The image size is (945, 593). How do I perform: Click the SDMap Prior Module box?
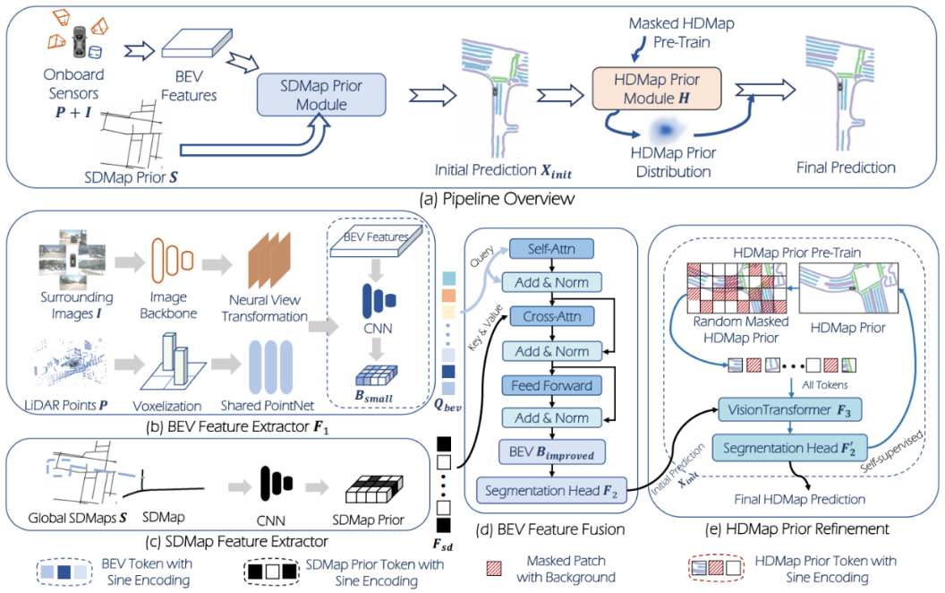pyautogui.click(x=321, y=95)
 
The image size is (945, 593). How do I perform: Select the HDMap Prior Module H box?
pyautogui.click(x=657, y=89)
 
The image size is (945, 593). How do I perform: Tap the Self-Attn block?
pyautogui.click(x=551, y=248)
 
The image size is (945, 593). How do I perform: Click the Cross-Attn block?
pyautogui.click(x=552, y=316)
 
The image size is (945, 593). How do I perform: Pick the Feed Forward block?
pyautogui.click(x=552, y=385)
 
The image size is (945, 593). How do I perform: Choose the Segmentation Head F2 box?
pyautogui.click(x=551, y=491)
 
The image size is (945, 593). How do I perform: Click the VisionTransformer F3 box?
pyautogui.click(x=789, y=410)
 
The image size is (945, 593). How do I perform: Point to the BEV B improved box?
pyautogui.click(x=552, y=452)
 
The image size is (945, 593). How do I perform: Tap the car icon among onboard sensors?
pyautogui.click(x=80, y=41)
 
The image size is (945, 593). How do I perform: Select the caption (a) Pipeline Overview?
pyautogui.click(x=497, y=199)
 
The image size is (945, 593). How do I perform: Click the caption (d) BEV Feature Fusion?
pyautogui.click(x=549, y=529)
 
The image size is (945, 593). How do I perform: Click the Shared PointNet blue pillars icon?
pyautogui.click(x=270, y=366)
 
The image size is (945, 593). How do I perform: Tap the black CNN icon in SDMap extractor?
pyautogui.click(x=277, y=483)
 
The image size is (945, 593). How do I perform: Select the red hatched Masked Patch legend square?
pyautogui.click(x=494, y=568)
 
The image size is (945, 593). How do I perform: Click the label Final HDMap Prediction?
pyautogui.click(x=800, y=500)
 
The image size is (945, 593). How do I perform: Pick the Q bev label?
pyautogui.click(x=447, y=406)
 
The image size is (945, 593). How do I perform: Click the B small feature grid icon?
pyautogui.click(x=376, y=376)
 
